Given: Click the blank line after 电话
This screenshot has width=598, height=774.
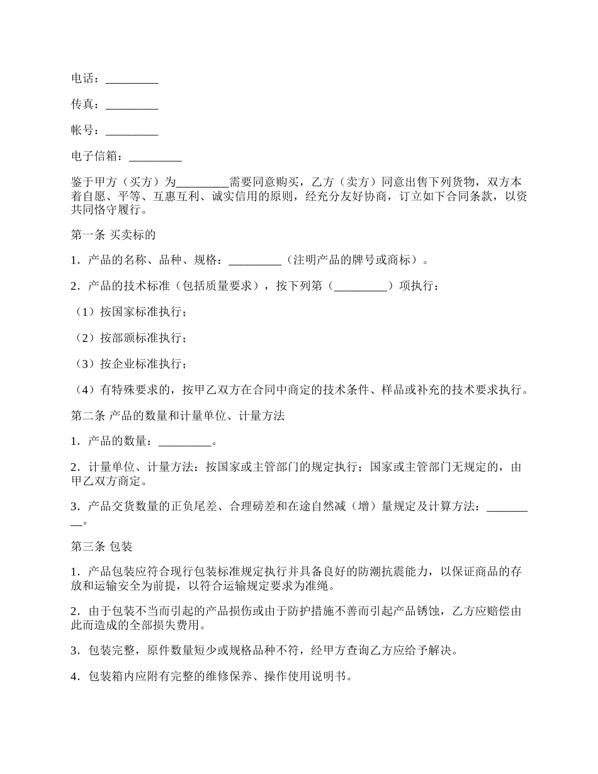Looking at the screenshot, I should pyautogui.click(x=132, y=80).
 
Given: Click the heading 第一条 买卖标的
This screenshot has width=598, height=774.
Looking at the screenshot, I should pyautogui.click(x=113, y=235).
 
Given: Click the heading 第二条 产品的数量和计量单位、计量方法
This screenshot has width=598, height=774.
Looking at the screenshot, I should pyautogui.click(x=178, y=416).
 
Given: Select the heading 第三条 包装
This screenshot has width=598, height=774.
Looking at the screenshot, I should pyautogui.click(x=102, y=546).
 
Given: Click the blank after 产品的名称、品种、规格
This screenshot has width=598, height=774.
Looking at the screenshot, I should pyautogui.click(x=255, y=261).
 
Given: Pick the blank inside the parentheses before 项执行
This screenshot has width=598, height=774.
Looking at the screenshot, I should pyautogui.click(x=360, y=286).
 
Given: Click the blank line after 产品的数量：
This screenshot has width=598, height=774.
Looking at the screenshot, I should pyautogui.click(x=185, y=442).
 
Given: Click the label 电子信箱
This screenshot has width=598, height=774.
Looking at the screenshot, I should pyautogui.click(x=94, y=157).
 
